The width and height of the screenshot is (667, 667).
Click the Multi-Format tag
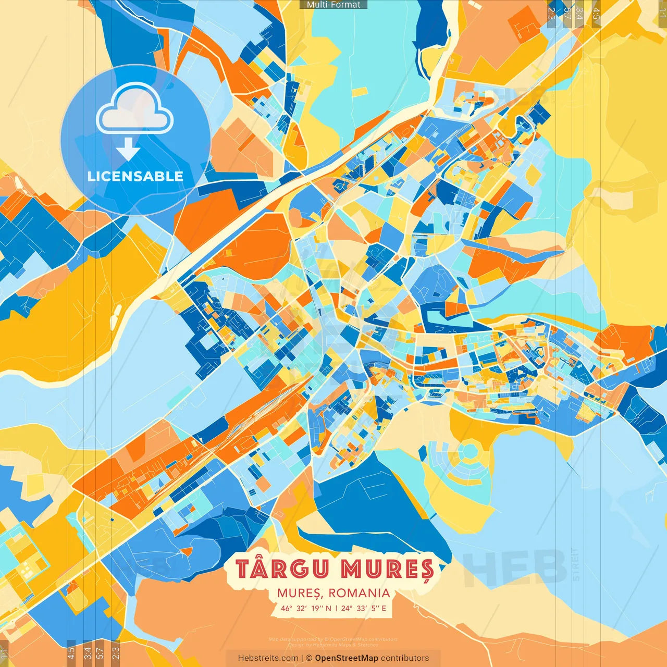tap(333, 5)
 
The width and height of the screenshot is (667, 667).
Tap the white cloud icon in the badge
tap(134, 109)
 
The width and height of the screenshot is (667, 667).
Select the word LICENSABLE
tap(135, 176)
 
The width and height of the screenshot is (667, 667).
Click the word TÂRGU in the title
tap(283, 569)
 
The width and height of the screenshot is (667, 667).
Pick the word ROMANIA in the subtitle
tap(360, 593)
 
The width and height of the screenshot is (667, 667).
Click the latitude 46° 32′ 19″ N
tap(306, 608)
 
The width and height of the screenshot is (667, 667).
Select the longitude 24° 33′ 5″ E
tap(364, 608)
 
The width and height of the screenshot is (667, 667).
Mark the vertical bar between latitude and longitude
tap(336, 608)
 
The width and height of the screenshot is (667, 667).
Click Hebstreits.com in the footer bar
tap(268, 658)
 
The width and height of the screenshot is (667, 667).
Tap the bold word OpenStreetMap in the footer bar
tap(347, 658)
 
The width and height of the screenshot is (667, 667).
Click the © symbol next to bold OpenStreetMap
tap(309, 658)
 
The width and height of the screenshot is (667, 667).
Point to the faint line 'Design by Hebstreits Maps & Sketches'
tap(333, 645)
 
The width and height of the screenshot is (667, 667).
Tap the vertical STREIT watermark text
tap(575, 564)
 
